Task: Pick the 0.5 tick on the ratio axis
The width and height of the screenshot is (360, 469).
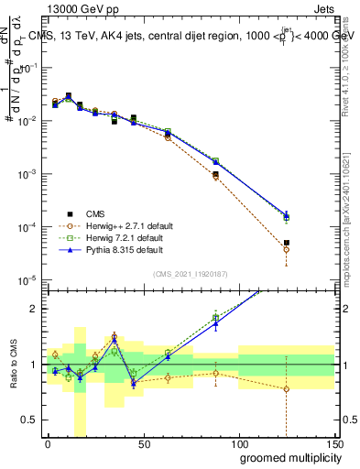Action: pyautogui.click(x=30, y=420)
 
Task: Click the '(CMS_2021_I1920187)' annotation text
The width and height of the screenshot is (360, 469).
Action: pyautogui.click(x=190, y=273)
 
